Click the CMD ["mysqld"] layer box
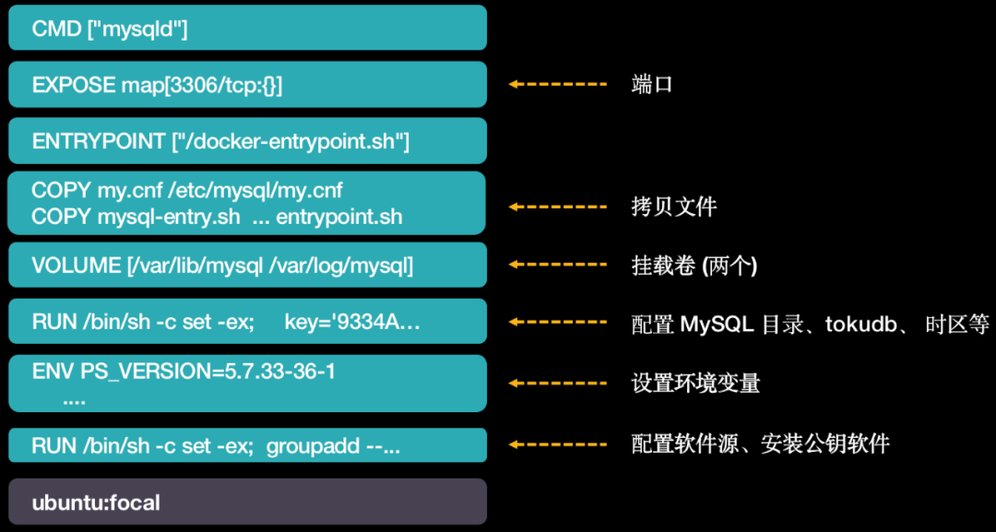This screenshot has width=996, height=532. click(247, 28)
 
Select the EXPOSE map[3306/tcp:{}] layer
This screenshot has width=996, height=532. click(247, 85)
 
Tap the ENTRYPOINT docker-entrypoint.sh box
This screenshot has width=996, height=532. click(247, 141)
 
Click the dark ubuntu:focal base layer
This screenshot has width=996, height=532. click(247, 502)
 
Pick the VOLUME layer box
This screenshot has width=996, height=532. click(247, 266)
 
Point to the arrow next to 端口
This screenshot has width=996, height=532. click(557, 85)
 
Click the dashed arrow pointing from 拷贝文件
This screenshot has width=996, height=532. click(557, 206)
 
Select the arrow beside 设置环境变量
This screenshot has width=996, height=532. click(557, 383)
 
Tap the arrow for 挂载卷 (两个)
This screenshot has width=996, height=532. click(557, 266)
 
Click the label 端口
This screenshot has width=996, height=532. click(652, 85)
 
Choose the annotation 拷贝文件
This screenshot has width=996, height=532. click(673, 206)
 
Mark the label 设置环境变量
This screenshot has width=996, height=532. click(695, 383)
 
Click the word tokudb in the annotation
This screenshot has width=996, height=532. click(862, 324)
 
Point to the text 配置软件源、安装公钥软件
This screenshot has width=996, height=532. click(760, 444)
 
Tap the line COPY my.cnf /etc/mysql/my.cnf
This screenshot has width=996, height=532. click(187, 191)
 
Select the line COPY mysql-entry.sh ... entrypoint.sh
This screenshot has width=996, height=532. click(217, 218)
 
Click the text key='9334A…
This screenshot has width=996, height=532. click(352, 323)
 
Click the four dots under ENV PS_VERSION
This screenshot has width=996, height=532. click(74, 401)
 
